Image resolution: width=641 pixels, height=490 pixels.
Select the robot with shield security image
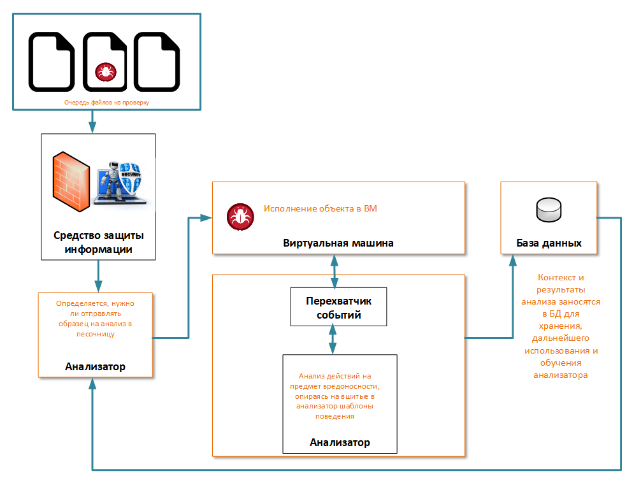(123, 182)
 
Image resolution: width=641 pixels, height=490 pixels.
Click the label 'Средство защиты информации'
(98, 243)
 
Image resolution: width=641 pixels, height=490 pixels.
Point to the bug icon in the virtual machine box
(241, 217)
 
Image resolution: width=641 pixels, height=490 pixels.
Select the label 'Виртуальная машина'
(338, 243)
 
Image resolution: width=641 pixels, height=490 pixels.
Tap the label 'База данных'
(549, 243)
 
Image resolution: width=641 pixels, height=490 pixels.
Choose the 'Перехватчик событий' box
(338, 306)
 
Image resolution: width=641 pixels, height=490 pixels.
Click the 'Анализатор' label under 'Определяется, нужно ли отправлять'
(95, 366)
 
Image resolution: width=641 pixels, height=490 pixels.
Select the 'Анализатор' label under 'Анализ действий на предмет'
(340, 442)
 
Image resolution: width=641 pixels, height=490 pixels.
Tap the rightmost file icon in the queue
(157, 62)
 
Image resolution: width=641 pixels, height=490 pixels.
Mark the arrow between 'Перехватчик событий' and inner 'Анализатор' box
(332, 340)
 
